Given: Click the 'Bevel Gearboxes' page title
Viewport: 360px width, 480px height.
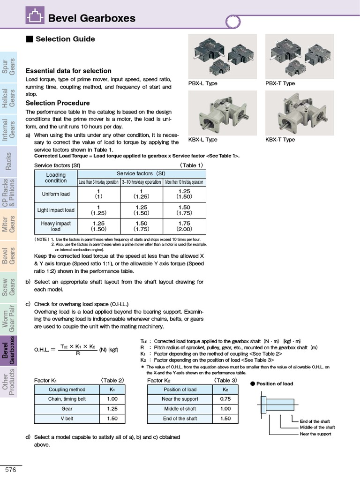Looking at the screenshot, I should pyautogui.click(x=91, y=18).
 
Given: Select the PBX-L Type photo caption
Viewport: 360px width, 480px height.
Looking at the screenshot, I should pyautogui.click(x=202, y=83).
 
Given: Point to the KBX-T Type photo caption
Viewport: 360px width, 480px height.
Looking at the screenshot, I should pyautogui.click(x=280, y=140).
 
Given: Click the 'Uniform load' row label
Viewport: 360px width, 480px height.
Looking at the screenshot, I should pyautogui.click(x=56, y=194).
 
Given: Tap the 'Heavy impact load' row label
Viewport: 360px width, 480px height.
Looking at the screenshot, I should pyautogui.click(x=56, y=226).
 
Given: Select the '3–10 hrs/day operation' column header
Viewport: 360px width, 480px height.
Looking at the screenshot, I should pyautogui.click(x=141, y=182).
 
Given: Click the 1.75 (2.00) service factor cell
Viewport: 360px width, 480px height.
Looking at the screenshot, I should pyautogui.click(x=184, y=226).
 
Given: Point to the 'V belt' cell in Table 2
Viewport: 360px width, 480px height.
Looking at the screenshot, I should pyautogui.click(x=67, y=419).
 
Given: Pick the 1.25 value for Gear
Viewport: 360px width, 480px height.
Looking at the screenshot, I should pyautogui.click(x=112, y=409).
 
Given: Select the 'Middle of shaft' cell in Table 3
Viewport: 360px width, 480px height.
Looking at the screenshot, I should pyautogui.click(x=180, y=409).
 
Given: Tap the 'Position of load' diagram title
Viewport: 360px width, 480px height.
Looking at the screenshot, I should pyautogui.click(x=274, y=383).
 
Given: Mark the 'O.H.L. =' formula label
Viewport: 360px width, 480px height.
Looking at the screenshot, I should pyautogui.click(x=45, y=349).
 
